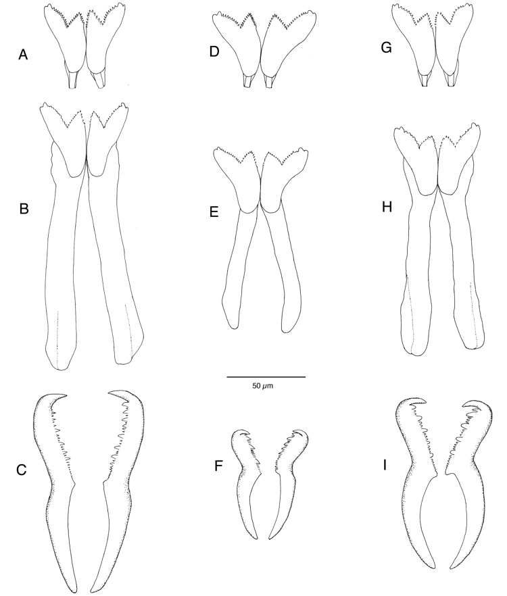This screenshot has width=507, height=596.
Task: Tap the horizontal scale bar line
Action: tap(266, 376)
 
